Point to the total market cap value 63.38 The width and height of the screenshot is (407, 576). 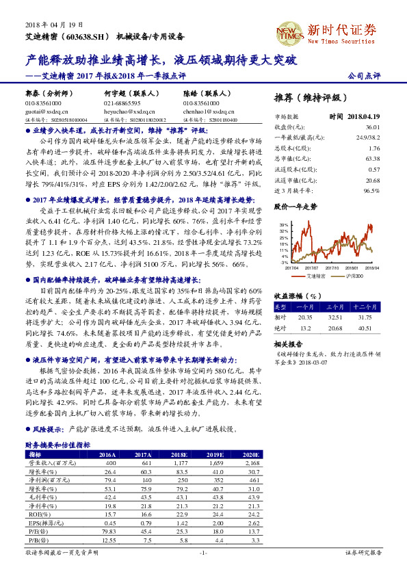(372, 158)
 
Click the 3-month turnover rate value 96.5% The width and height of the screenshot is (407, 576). (371, 189)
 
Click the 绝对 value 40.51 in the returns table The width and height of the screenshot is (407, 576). (369, 328)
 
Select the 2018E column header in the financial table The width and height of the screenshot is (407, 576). (179, 454)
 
